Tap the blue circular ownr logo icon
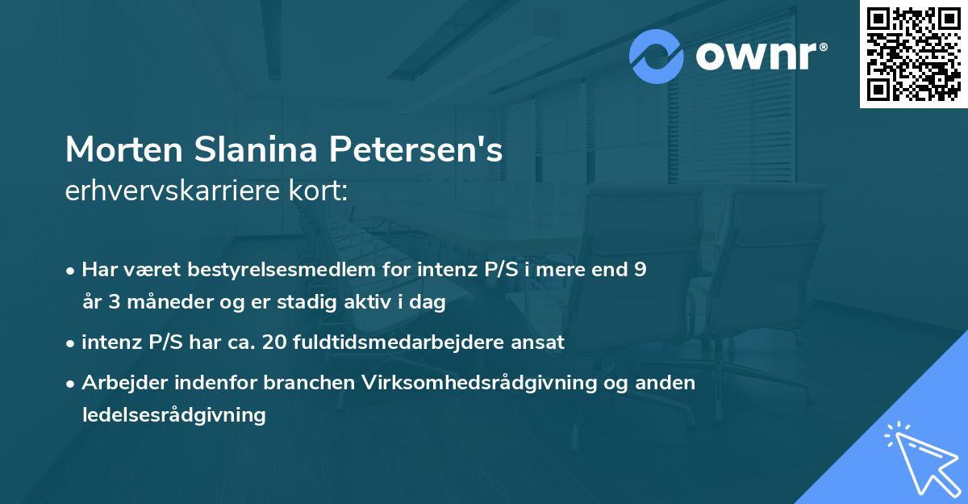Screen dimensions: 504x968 pyautogui.click(x=657, y=56)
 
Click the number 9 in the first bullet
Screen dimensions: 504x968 pyautogui.click(x=640, y=270)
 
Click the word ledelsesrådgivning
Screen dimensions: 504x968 pyautogui.click(x=173, y=415)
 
